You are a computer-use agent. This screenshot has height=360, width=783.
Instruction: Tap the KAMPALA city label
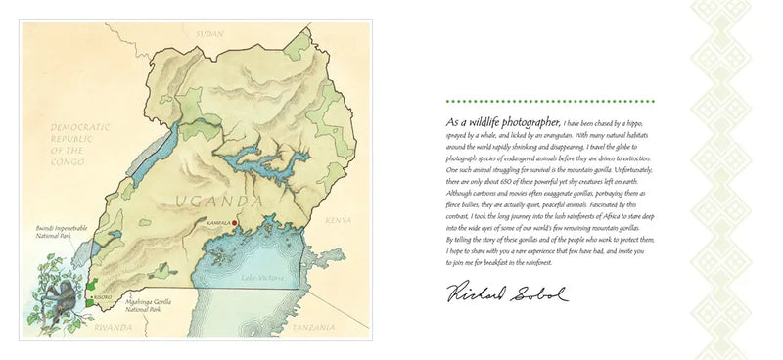click(218, 223)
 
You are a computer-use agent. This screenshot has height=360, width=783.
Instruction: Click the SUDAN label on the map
click(210, 33)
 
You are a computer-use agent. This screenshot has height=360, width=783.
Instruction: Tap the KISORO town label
click(101, 295)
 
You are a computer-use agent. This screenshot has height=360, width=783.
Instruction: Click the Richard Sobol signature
click(507, 292)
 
